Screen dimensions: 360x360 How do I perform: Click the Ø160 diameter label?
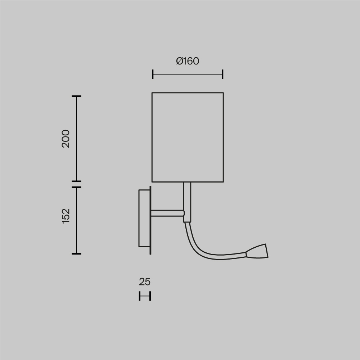(188, 61)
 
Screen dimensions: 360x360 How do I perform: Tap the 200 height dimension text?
(66, 139)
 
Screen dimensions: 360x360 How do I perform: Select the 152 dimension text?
(66, 216)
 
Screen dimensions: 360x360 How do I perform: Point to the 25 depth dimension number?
(144, 282)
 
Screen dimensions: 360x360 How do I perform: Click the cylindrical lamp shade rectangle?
(188, 137)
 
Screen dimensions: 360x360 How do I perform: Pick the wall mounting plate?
(144, 218)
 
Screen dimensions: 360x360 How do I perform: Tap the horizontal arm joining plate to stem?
(167, 213)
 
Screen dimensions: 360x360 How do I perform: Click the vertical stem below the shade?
(187, 202)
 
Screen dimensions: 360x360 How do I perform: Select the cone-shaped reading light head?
(258, 252)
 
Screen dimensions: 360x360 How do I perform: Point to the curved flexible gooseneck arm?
(202, 252)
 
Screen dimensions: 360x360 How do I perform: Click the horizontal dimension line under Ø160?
(188, 74)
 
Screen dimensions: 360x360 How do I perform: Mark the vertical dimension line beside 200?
(76, 139)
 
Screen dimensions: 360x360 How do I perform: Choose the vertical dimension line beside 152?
(76, 220)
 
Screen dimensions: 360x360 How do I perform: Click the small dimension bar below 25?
(145, 296)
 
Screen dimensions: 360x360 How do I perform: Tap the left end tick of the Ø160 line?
(153, 74)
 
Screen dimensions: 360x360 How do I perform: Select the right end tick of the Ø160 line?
(222, 74)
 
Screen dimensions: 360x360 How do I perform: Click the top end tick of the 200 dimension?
(76, 96)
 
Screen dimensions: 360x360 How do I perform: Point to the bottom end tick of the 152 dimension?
(76, 254)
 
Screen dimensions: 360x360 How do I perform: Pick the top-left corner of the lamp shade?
(152, 93)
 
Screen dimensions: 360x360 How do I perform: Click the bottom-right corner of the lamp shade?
(223, 182)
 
